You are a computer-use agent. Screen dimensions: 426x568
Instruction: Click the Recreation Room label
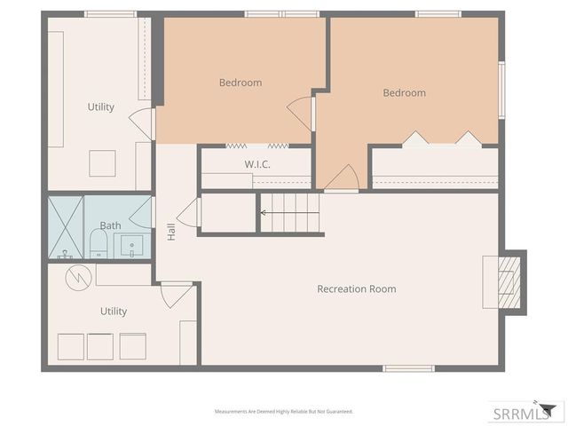coord(357,289)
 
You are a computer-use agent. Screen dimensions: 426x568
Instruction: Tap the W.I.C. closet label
coord(257,165)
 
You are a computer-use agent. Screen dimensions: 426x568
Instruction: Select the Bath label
coord(110,226)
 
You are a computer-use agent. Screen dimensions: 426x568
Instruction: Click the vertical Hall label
coord(171,233)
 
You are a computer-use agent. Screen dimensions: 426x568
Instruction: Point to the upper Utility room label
coord(100,107)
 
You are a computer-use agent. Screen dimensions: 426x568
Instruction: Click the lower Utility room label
coord(114,312)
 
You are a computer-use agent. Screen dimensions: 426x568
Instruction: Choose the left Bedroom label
coord(241,83)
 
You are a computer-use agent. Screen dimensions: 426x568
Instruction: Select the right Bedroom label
coord(404,93)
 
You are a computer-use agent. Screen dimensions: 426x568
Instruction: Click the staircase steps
coord(289,213)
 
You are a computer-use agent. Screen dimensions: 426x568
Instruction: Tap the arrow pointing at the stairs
coord(264,212)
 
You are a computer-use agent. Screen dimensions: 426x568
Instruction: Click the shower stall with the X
coord(66,227)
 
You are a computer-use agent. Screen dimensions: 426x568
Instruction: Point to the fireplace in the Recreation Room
coord(506,282)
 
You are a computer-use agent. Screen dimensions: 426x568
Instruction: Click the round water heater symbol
coord(79,276)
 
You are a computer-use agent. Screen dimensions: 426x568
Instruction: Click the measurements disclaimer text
coord(284,412)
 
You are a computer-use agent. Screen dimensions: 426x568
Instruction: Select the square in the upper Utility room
coord(102,163)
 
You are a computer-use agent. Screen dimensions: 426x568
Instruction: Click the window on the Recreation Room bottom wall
coord(408,367)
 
